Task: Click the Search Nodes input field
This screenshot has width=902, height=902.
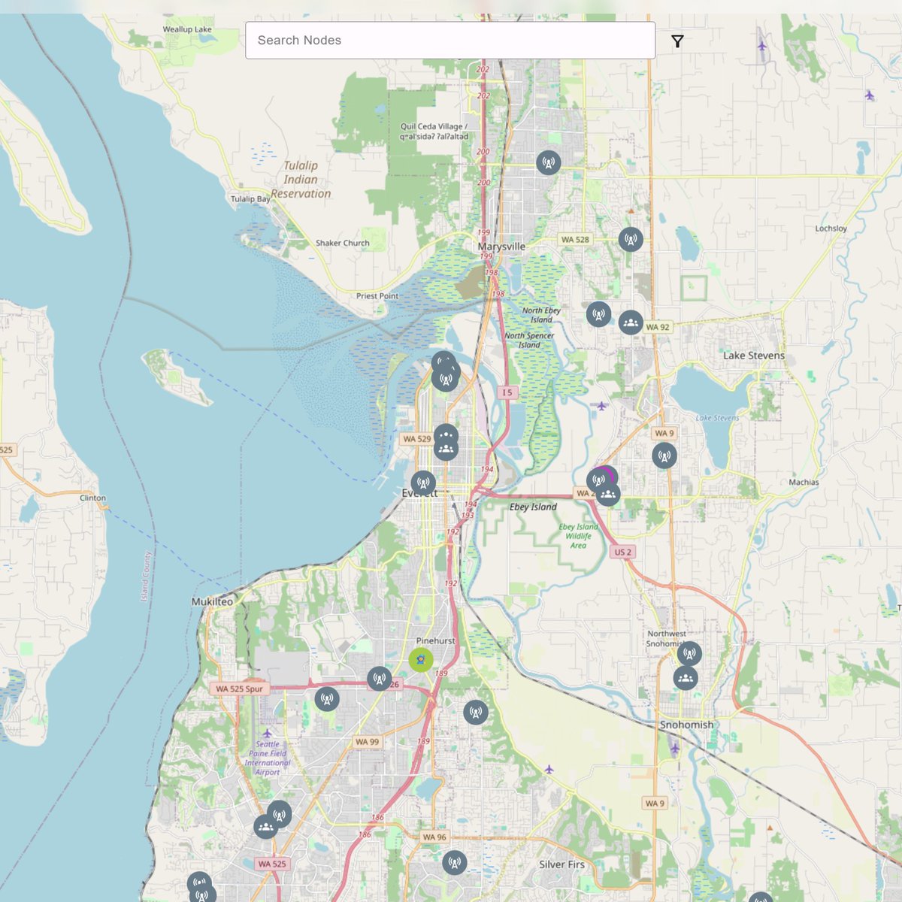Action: pyautogui.click(x=449, y=41)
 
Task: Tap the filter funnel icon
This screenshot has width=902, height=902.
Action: pyautogui.click(x=677, y=41)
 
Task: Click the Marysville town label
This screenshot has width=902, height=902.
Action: pyautogui.click(x=501, y=247)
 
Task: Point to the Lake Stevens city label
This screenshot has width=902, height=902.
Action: pyautogui.click(x=753, y=356)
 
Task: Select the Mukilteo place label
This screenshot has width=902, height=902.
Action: pyautogui.click(x=212, y=601)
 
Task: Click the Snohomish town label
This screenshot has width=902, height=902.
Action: pyautogui.click(x=686, y=725)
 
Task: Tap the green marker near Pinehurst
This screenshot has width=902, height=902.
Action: pyautogui.click(x=421, y=660)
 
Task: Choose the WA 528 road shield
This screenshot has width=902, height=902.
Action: pyautogui.click(x=575, y=240)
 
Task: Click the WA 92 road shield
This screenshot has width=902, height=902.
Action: pyautogui.click(x=657, y=327)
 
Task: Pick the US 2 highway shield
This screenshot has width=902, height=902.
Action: pyautogui.click(x=623, y=552)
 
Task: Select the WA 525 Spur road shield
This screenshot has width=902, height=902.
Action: pyautogui.click(x=239, y=689)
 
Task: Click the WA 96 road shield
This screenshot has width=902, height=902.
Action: pyautogui.click(x=434, y=837)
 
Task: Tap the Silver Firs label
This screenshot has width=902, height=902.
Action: pyautogui.click(x=561, y=864)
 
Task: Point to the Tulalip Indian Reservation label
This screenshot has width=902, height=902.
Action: pyautogui.click(x=301, y=180)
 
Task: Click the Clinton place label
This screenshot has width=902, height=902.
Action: pyautogui.click(x=93, y=498)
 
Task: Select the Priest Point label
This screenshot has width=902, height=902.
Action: pyautogui.click(x=377, y=296)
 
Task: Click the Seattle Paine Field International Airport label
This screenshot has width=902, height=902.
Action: pyautogui.click(x=268, y=758)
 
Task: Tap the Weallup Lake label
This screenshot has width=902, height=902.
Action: pyautogui.click(x=187, y=29)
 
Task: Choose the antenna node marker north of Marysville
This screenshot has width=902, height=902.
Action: pyautogui.click(x=549, y=162)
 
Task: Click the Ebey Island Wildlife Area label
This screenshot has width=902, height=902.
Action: pyautogui.click(x=578, y=536)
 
